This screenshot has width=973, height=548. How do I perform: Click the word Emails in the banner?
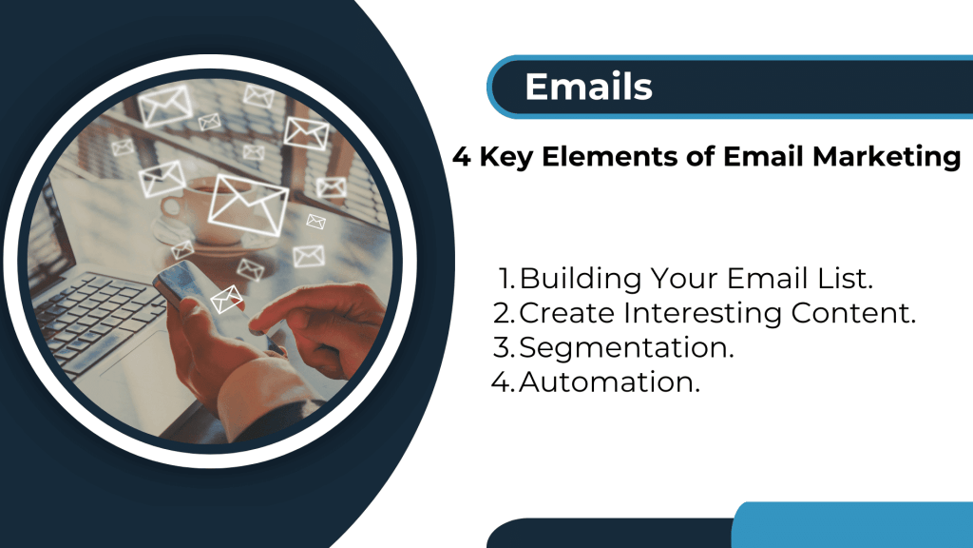588,87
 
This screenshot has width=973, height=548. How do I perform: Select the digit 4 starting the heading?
462,157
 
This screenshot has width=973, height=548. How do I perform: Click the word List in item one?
849,279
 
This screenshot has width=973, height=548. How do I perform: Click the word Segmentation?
627,348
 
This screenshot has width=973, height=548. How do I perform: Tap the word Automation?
609,382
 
